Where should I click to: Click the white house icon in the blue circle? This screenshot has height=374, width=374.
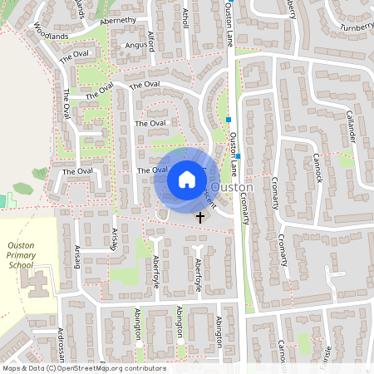[186, 179]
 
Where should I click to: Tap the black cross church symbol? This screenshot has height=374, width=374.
[199, 218]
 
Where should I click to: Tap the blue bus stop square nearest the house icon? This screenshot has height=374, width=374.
[238, 156]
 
